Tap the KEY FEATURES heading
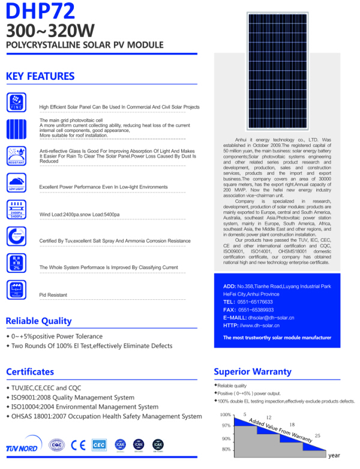click(x=40, y=76)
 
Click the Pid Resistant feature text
click(x=53, y=295)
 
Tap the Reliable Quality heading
click(x=38, y=320)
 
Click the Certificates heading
click(x=30, y=371)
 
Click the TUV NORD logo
click(x=22, y=447)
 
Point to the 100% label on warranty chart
click(x=225, y=414)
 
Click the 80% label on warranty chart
click(x=226, y=449)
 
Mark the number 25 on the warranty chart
click(x=317, y=435)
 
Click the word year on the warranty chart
click(x=334, y=455)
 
